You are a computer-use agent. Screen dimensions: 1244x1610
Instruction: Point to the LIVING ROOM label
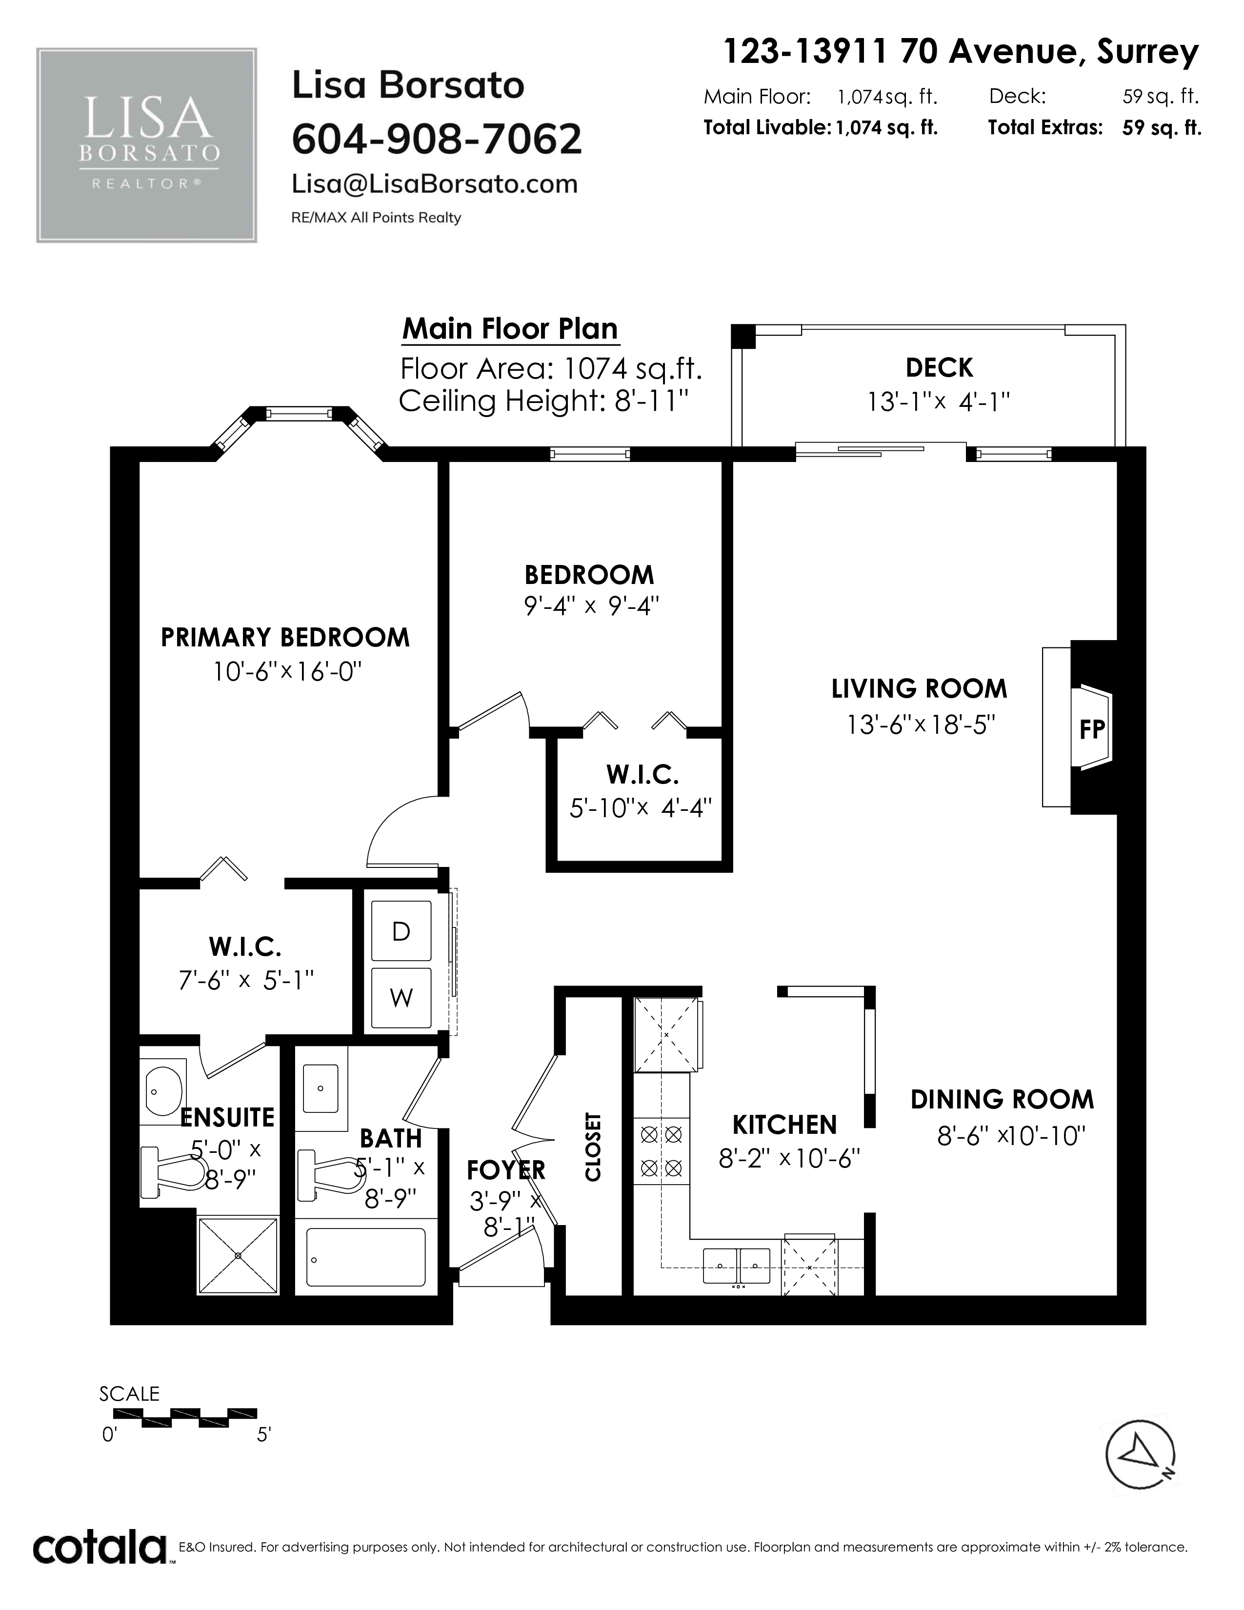tap(919, 688)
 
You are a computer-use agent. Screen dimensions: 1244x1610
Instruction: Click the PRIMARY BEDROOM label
tap(285, 637)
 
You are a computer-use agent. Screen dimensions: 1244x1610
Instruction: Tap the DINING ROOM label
tap(1003, 1099)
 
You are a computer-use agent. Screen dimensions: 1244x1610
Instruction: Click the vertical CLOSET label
tap(593, 1147)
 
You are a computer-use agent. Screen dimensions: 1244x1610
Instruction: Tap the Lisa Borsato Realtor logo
tap(147, 145)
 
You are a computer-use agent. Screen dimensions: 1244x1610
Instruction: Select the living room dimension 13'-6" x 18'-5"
tap(921, 724)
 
